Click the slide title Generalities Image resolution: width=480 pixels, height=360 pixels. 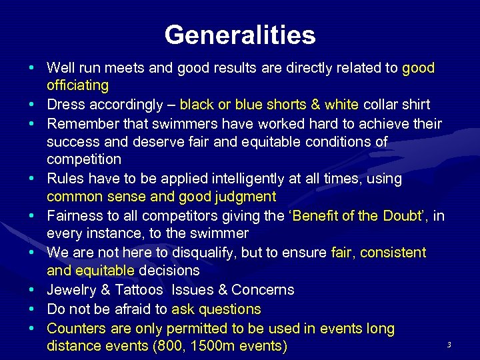(x=240, y=35)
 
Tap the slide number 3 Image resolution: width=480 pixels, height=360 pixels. (x=449, y=345)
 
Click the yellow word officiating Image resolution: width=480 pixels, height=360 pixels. (x=77, y=85)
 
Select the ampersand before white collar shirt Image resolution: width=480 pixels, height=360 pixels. (x=315, y=105)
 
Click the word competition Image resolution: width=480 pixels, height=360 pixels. (x=84, y=159)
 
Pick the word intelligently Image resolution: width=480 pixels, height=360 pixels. (x=249, y=179)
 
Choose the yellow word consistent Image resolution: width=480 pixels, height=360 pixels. (x=393, y=253)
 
